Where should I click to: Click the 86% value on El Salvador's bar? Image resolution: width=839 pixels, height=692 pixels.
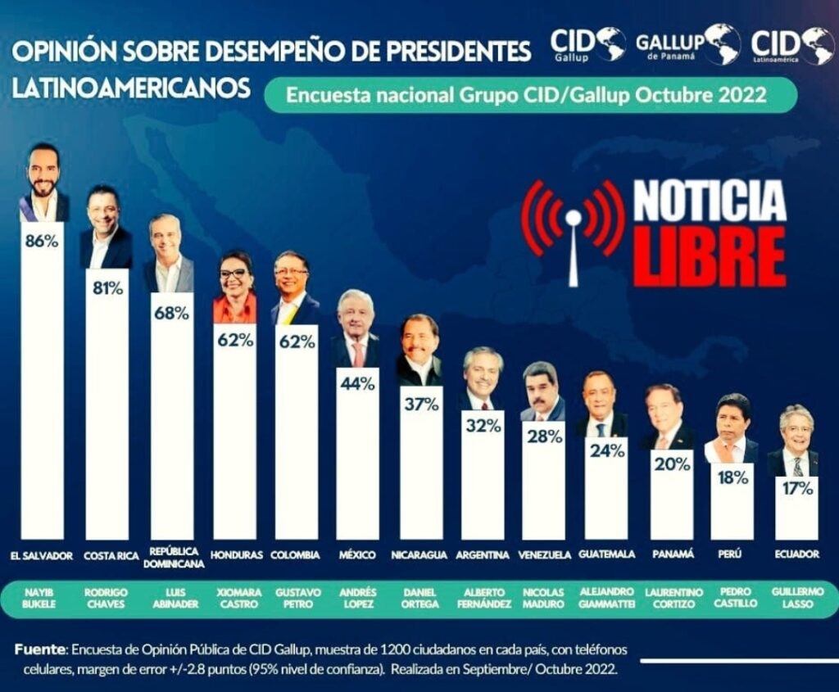pyautogui.click(x=42, y=242)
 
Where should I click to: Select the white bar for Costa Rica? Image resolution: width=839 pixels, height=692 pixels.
pyautogui.click(x=107, y=404)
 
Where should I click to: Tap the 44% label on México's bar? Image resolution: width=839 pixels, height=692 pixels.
pyautogui.click(x=357, y=383)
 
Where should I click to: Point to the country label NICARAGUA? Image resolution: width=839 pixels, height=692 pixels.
pyautogui.click(x=419, y=555)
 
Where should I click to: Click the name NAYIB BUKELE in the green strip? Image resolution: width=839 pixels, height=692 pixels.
pyautogui.click(x=39, y=599)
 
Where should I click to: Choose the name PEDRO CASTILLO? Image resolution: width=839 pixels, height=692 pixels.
pyautogui.click(x=730, y=597)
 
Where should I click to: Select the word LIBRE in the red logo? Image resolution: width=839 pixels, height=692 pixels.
pyautogui.click(x=710, y=257)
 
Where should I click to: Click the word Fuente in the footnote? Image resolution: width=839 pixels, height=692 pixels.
pyautogui.click(x=40, y=649)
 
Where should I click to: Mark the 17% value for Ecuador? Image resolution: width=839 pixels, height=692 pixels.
pyautogui.click(x=797, y=489)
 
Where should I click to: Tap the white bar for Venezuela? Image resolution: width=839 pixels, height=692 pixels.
pyautogui.click(x=543, y=480)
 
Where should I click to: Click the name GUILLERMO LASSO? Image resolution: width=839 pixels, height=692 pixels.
pyautogui.click(x=797, y=598)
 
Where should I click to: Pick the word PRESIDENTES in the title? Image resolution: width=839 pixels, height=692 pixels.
pyautogui.click(x=457, y=51)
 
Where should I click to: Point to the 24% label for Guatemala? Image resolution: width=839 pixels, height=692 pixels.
pyautogui.click(x=607, y=450)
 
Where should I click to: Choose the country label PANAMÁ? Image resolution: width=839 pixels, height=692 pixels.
pyautogui.click(x=673, y=554)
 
